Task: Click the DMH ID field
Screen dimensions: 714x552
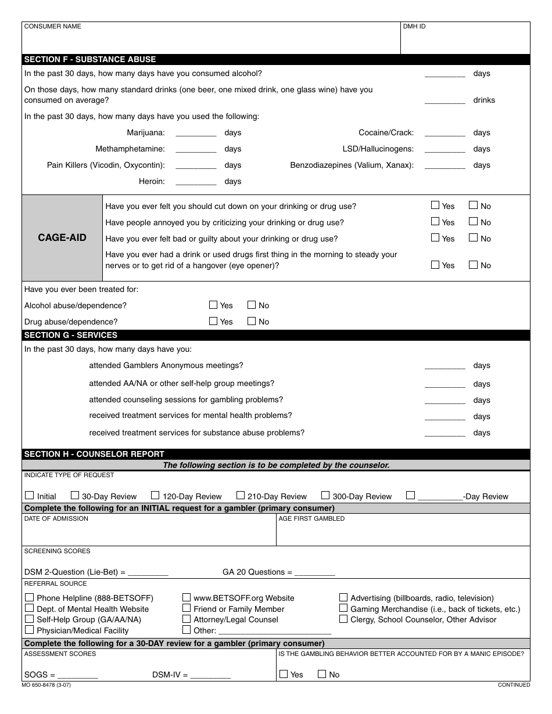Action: click(465, 41)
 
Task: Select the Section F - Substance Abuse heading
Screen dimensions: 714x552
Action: click(90, 59)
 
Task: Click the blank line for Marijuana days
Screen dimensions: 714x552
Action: click(196, 133)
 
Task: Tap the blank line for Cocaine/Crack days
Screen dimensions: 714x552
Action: click(445, 133)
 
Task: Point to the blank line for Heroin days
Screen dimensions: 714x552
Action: click(196, 182)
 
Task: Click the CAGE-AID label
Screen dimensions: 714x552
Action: click(62, 238)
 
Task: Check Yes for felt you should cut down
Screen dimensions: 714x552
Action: click(435, 205)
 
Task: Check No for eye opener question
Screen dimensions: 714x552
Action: click(474, 265)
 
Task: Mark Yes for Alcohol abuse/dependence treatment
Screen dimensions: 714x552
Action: click(213, 305)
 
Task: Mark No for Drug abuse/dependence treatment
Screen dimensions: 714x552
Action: click(252, 321)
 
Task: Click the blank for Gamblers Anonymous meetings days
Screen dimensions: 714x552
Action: click(445, 366)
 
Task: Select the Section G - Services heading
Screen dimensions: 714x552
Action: click(71, 335)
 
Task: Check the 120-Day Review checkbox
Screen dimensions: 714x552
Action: click(155, 496)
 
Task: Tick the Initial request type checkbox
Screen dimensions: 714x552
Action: click(30, 496)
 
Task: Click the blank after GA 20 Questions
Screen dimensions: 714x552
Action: click(315, 572)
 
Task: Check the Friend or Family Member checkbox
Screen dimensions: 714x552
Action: click(187, 608)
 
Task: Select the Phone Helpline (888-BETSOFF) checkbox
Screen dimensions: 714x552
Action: click(30, 597)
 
